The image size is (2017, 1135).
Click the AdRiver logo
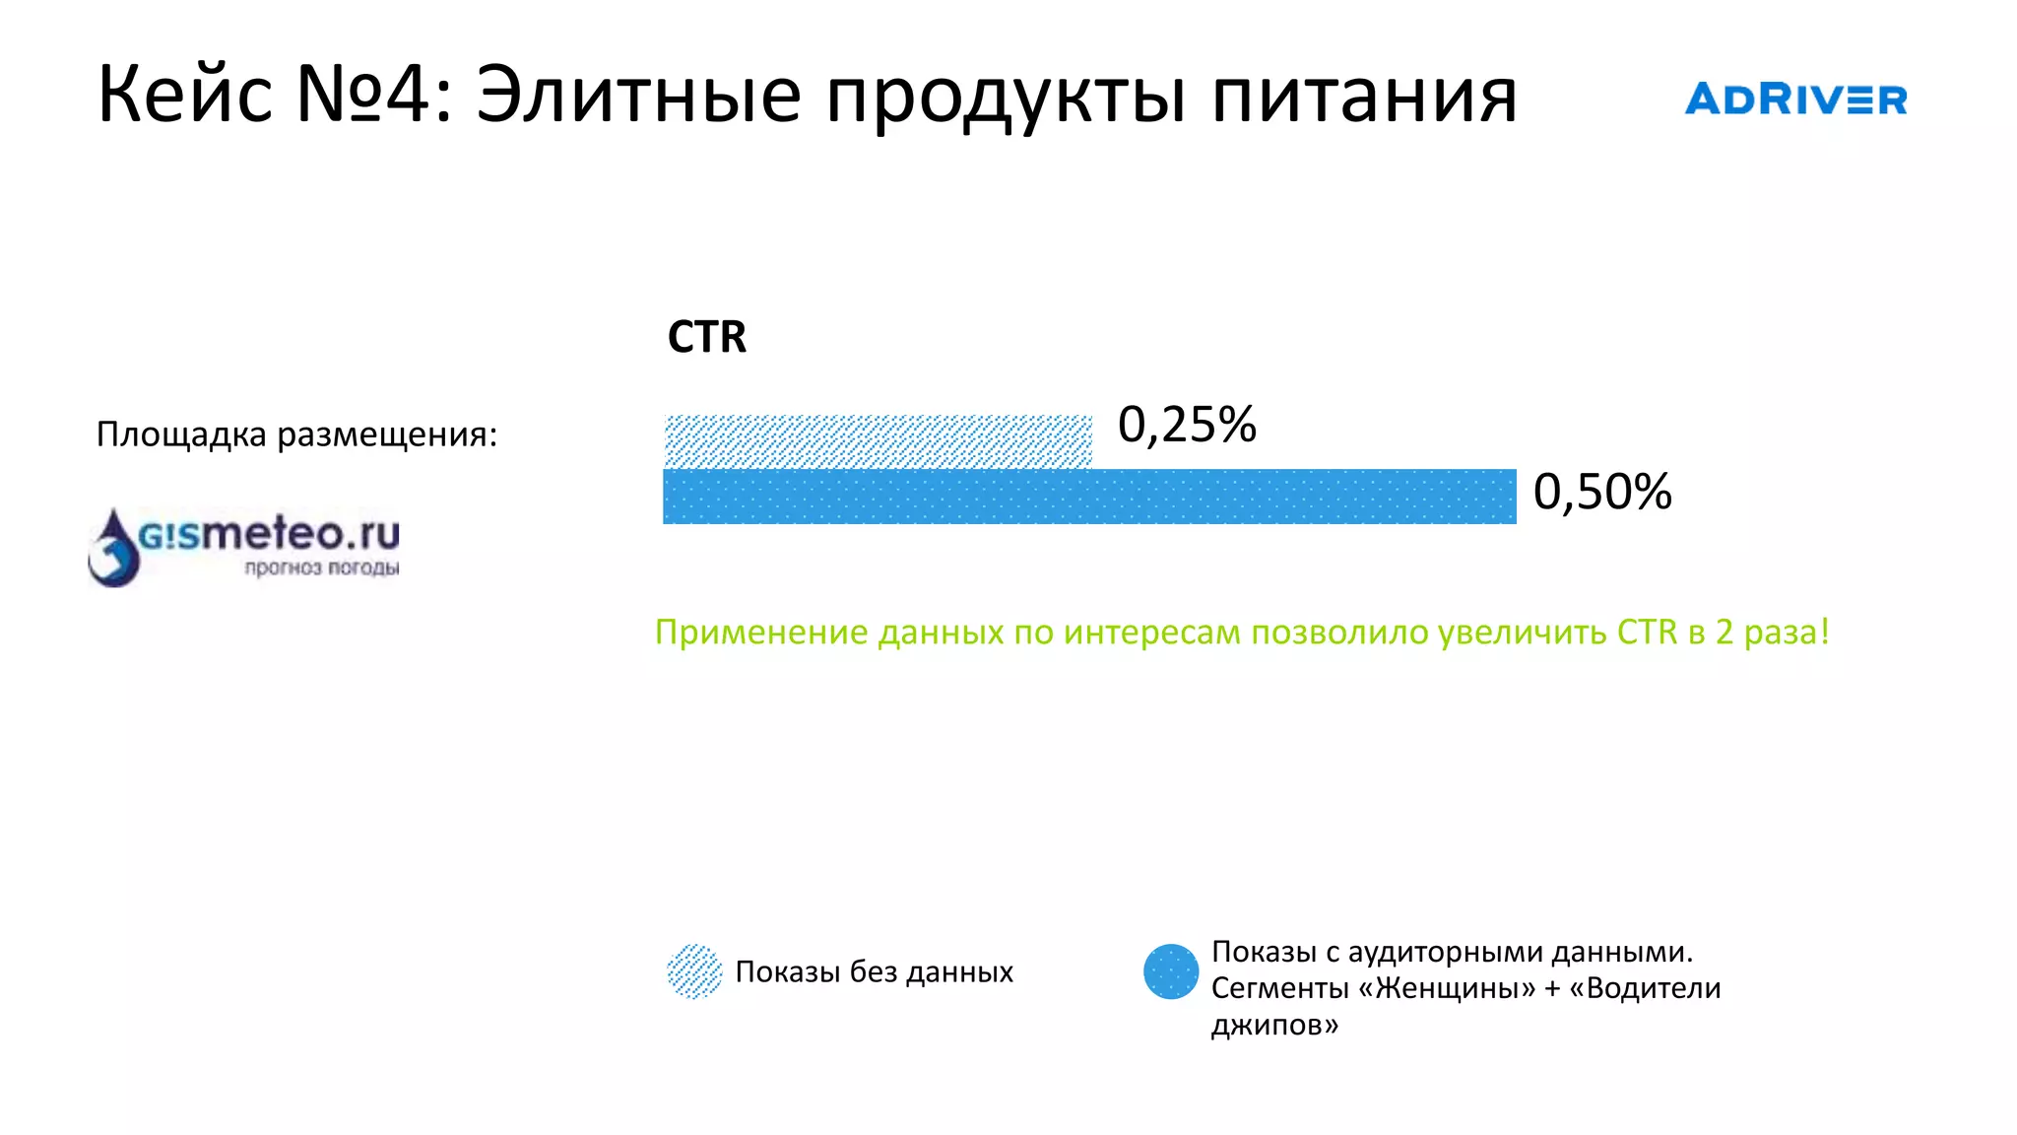[1795, 100]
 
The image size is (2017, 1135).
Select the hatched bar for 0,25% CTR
[878, 440]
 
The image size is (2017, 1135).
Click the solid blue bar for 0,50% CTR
[1089, 497]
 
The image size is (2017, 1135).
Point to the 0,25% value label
[1187, 425]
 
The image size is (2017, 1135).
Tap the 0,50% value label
[1602, 492]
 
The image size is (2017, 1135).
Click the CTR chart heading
[706, 337]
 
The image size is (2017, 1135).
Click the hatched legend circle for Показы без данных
[694, 971]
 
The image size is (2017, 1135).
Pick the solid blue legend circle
[1171, 971]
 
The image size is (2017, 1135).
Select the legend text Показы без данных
[874, 971]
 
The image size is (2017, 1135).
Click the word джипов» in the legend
[1274, 1025]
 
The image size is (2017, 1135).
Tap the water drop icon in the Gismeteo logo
[114, 549]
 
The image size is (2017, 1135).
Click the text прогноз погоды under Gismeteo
[322, 567]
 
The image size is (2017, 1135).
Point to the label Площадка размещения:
[296, 434]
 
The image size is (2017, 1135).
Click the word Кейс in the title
[185, 95]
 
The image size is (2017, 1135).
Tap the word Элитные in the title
[638, 95]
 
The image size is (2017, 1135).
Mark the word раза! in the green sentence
[1787, 632]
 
